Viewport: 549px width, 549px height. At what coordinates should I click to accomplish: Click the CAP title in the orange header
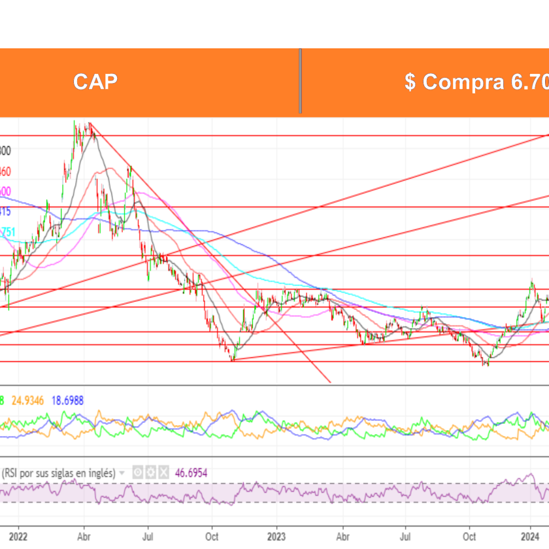tap(95, 82)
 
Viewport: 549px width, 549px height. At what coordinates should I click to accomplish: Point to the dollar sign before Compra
tap(410, 82)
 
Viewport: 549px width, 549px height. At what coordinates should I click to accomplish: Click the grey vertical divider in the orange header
tap(300, 82)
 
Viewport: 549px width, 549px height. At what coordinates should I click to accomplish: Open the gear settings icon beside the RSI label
tap(150, 471)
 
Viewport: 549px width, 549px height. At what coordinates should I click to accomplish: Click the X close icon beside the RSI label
tap(163, 471)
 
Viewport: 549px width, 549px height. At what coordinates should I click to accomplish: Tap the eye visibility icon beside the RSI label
tap(138, 471)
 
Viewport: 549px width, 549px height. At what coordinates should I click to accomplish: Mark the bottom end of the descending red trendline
tap(331, 382)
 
